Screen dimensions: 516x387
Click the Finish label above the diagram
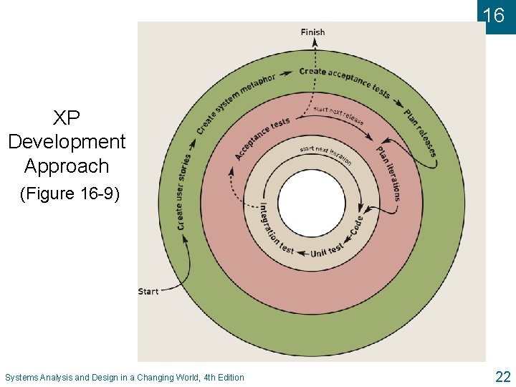pyautogui.click(x=312, y=32)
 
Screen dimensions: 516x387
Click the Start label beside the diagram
pyautogui.click(x=148, y=292)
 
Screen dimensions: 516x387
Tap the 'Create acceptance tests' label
pyautogui.click(x=345, y=80)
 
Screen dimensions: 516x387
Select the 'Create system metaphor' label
pyautogui.click(x=234, y=102)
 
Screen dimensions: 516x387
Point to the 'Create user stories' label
pyautogui.click(x=183, y=191)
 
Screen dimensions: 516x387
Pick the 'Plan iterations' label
pyautogui.click(x=389, y=173)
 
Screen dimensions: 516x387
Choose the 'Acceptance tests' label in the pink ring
pyautogui.click(x=262, y=136)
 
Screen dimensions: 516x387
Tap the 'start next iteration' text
pyautogui.click(x=326, y=155)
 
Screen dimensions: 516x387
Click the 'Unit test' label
pyautogui.click(x=327, y=249)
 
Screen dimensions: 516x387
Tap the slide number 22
pyautogui.click(x=502, y=376)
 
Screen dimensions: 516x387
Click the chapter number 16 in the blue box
pyautogui.click(x=494, y=15)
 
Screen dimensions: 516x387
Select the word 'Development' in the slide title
pyautogui.click(x=67, y=142)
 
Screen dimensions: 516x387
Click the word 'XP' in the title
pyautogui.click(x=67, y=118)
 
